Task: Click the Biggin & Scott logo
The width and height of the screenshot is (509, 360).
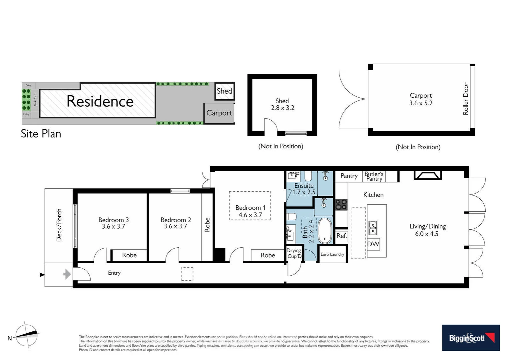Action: click(471, 338)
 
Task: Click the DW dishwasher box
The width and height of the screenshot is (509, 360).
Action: click(373, 244)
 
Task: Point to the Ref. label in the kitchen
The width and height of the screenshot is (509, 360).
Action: click(341, 236)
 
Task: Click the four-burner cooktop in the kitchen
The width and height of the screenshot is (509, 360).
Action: click(341, 204)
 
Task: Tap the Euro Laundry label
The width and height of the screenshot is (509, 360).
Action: click(332, 254)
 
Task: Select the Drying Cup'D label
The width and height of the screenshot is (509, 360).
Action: click(294, 253)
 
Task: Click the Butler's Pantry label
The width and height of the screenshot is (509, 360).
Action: click(374, 176)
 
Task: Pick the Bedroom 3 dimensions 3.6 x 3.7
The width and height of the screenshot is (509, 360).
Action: click(113, 227)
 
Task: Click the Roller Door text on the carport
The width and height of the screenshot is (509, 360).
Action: click(466, 99)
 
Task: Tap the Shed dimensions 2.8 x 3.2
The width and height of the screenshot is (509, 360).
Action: click(282, 108)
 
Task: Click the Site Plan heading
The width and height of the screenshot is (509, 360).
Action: click(41, 134)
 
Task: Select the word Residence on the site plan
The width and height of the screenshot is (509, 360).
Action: click(100, 101)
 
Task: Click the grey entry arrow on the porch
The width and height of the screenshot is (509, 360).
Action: click(67, 274)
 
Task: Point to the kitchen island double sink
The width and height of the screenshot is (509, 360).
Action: click(373, 228)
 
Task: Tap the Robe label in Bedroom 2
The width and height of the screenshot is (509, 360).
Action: click(207, 225)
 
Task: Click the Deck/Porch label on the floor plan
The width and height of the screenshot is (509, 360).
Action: click(59, 225)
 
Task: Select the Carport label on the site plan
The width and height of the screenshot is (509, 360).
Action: click(219, 113)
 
